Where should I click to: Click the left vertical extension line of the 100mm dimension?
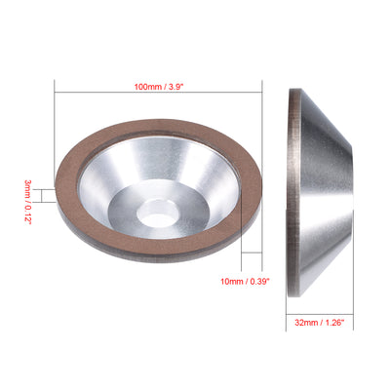53,107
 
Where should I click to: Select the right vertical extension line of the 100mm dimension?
264,107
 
